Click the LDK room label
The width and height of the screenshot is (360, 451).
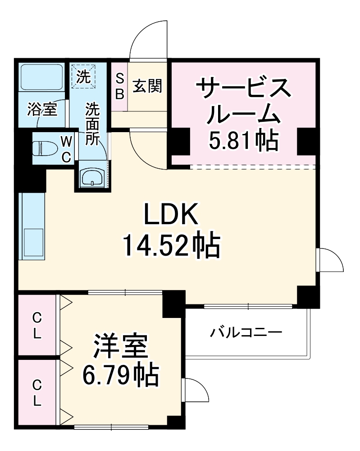pyautogui.click(x=171, y=216)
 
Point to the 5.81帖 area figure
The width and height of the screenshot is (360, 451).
pyautogui.click(x=242, y=141)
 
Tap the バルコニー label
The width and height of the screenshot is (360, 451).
pyautogui.click(x=246, y=333)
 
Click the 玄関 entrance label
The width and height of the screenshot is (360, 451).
pyautogui.click(x=146, y=86)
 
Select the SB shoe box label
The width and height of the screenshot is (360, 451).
pyautogui.click(x=119, y=86)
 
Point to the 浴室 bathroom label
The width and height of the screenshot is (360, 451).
pyautogui.click(x=42, y=109)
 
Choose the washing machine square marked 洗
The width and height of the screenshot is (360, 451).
pyautogui.click(x=83, y=75)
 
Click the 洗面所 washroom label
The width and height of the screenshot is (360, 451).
pyautogui.click(x=93, y=124)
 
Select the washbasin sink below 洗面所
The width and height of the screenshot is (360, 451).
pyautogui.click(x=92, y=177)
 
